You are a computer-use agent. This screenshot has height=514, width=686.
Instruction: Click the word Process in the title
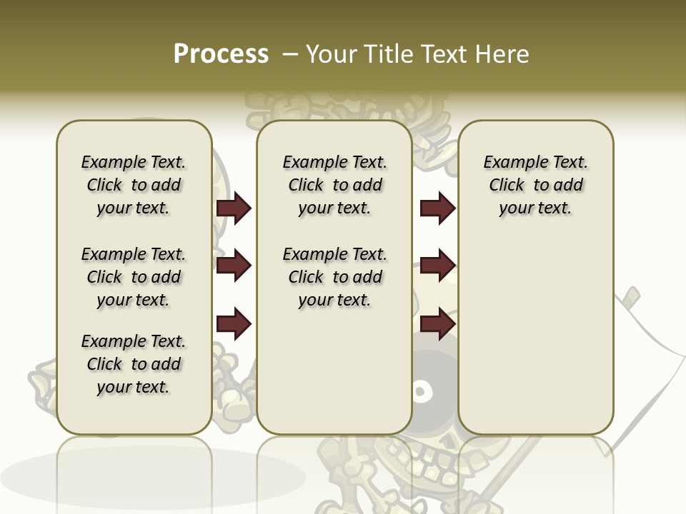[x=221, y=54]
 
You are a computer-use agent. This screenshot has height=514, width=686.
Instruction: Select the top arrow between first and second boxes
[x=234, y=208]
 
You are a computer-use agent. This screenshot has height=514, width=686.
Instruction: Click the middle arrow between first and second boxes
[x=234, y=266]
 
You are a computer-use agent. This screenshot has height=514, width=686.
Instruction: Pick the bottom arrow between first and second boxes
[x=234, y=323]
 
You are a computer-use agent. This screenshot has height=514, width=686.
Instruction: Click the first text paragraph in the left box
[x=134, y=185]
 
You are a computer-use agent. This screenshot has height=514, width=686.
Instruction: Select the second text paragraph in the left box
[x=134, y=277]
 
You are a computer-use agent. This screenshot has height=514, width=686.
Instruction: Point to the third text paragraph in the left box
[x=134, y=364]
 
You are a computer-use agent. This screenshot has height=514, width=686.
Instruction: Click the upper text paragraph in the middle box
[x=334, y=185]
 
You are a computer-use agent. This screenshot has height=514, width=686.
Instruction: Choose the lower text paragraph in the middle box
[x=334, y=277]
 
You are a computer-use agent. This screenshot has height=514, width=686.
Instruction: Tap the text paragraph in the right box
[x=536, y=185]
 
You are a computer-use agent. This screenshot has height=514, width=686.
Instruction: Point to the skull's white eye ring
[x=421, y=390]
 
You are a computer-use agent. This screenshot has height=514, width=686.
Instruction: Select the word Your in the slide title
[x=332, y=54]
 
